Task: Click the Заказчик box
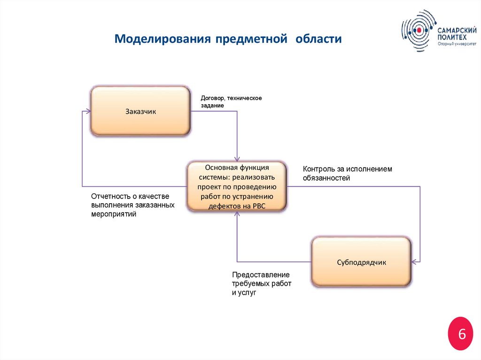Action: coord(140,111)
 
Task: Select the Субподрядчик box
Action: coord(361,262)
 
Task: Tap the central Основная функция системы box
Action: coord(237,186)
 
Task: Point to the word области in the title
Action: coord(318,38)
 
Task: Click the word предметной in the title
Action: coord(251,38)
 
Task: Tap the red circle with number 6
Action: coord(461,334)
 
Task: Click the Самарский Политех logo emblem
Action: coord(418,31)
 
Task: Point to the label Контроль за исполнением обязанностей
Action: coord(347,173)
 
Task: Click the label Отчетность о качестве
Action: coord(130,197)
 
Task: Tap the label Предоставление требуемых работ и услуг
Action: coord(261,283)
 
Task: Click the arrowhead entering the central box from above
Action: coord(237,158)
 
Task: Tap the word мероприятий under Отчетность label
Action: coord(114,214)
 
